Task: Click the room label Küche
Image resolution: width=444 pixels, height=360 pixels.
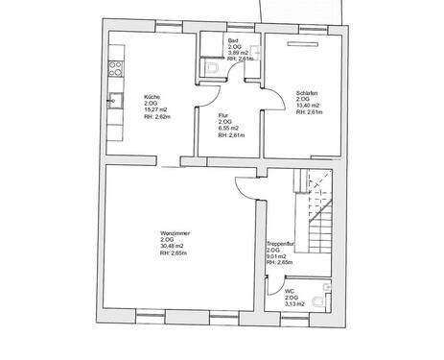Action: tap(152, 97)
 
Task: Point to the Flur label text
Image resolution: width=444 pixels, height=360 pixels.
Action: tap(223, 115)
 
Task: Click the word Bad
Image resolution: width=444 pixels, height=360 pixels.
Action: tap(232, 40)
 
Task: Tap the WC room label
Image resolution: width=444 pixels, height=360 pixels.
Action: tap(290, 291)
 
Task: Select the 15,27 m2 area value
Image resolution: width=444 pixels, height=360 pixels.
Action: tap(155, 110)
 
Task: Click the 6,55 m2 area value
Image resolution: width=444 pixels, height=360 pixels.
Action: tap(229, 129)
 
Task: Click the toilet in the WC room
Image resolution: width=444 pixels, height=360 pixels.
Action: tap(329, 287)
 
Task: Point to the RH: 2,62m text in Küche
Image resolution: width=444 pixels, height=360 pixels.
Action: tap(157, 117)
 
